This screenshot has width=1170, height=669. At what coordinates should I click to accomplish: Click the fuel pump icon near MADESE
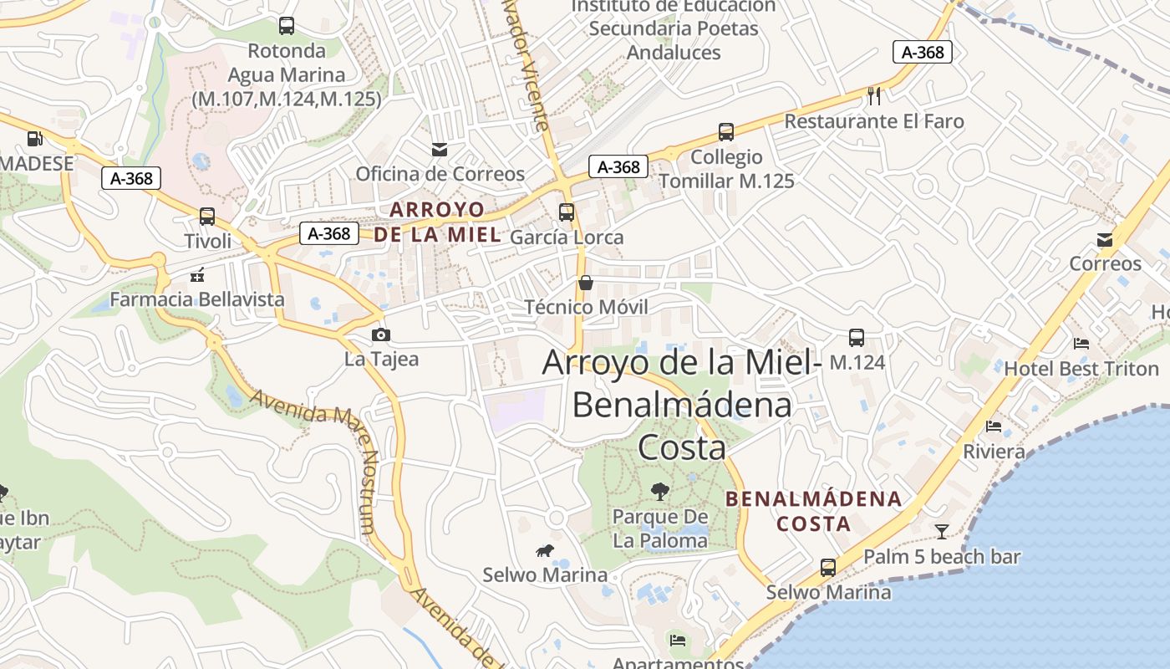pyautogui.click(x=34, y=139)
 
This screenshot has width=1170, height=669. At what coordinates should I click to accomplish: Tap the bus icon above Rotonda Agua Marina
pyautogui.click(x=287, y=26)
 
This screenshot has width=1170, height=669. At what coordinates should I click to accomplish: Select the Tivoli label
pyautogui.click(x=207, y=241)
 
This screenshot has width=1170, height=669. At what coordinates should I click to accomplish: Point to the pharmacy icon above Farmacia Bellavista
pyautogui.click(x=198, y=274)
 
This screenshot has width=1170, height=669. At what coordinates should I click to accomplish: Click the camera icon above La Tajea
pyautogui.click(x=381, y=335)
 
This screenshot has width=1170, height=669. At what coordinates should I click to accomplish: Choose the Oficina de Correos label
pyautogui.click(x=440, y=174)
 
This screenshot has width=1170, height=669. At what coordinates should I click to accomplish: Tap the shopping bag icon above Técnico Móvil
pyautogui.click(x=586, y=283)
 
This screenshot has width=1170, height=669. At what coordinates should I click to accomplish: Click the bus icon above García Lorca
pyautogui.click(x=567, y=212)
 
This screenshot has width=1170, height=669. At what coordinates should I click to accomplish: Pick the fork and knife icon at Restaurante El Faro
pyautogui.click(x=874, y=96)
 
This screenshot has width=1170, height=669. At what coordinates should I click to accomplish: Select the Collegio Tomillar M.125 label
pyautogui.click(x=726, y=169)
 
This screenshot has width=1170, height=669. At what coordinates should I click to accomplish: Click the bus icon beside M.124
pyautogui.click(x=857, y=338)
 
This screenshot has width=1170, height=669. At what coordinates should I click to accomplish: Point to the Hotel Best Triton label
pyautogui.click(x=1081, y=369)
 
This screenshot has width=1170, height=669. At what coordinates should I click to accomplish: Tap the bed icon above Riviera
pyautogui.click(x=994, y=426)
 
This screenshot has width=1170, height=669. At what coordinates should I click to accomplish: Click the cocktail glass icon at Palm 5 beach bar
pyautogui.click(x=942, y=531)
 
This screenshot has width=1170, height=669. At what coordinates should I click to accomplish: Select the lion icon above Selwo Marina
pyautogui.click(x=545, y=550)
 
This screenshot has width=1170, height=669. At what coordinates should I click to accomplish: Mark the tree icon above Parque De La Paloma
pyautogui.click(x=660, y=491)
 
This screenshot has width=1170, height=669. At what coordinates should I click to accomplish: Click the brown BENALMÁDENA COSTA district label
pyautogui.click(x=813, y=512)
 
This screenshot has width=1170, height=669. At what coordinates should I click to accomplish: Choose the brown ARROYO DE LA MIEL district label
pyautogui.click(x=437, y=222)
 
